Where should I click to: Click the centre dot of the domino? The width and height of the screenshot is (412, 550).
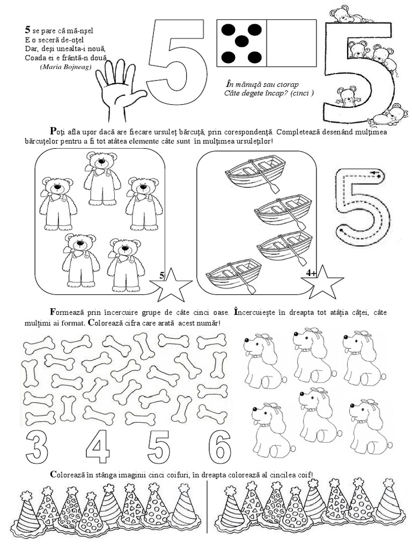point(242,42)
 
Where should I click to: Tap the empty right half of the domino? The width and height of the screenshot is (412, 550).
point(291,43)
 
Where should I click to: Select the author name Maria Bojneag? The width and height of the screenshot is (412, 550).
point(65,66)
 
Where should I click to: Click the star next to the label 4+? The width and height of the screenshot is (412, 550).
point(322,283)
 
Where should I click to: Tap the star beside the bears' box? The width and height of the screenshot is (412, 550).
point(171,285)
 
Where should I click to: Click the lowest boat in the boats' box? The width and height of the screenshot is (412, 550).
point(233,276)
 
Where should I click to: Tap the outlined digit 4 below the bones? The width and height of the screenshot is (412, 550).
point(98,447)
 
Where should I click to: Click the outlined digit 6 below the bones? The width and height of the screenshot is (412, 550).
point(219,446)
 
